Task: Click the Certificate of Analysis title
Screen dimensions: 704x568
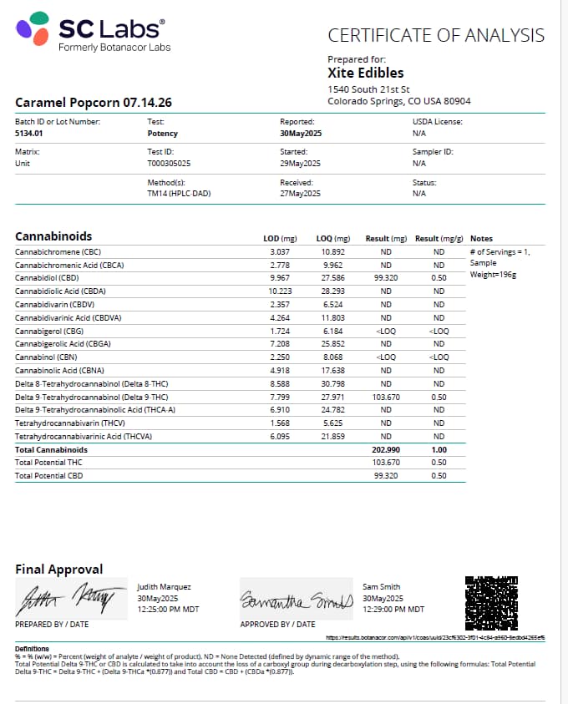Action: click(436, 35)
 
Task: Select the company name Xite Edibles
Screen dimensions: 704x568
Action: click(366, 73)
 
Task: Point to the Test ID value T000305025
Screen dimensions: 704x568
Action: click(169, 163)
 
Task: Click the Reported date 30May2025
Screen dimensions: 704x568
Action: click(300, 133)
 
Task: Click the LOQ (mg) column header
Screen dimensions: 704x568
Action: click(333, 239)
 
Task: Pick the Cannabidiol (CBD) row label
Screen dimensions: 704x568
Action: click(47, 278)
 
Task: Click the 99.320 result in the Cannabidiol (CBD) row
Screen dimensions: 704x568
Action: click(385, 278)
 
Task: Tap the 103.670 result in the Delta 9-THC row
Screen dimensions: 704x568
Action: click(385, 397)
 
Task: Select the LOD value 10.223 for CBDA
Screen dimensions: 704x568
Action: click(278, 291)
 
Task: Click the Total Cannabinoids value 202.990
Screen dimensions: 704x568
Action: click(385, 449)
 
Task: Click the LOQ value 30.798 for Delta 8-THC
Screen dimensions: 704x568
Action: click(333, 383)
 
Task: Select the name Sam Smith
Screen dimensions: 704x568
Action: click(383, 588)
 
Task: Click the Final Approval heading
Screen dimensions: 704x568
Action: click(59, 569)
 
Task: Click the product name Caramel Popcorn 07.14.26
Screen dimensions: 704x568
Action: click(94, 103)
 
